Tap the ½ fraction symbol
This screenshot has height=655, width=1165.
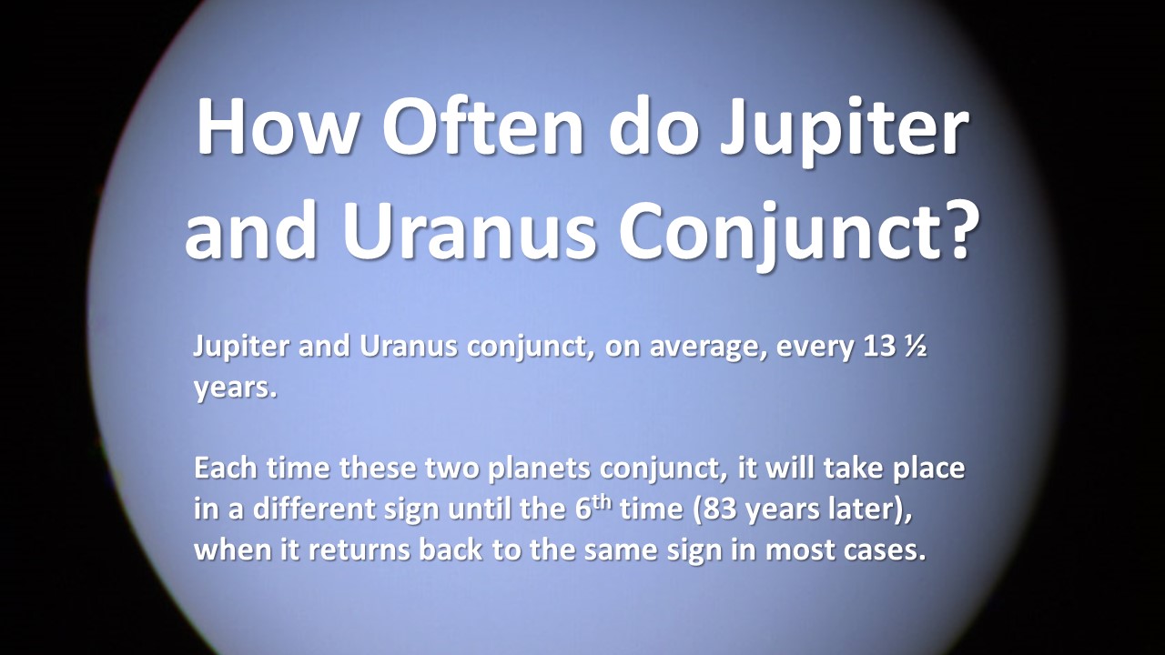pyautogui.click(x=916, y=347)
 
